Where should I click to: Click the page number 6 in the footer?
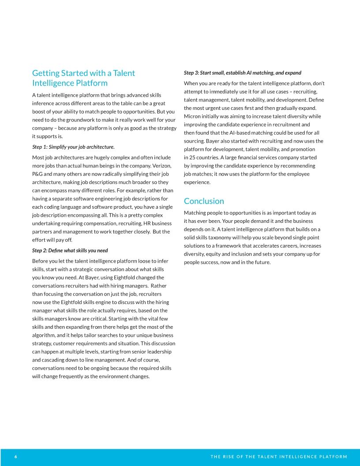pyautogui.click(x=15, y=456)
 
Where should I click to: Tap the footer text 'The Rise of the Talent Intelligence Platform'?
pyautogui.click(x=279, y=456)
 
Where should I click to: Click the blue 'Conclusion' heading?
pyautogui.click(x=204, y=201)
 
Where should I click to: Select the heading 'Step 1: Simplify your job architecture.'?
pyautogui.click(x=73, y=147)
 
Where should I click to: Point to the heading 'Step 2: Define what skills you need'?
pyautogui.click(x=70, y=250)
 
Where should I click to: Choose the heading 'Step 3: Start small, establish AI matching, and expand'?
pyautogui.click(x=242, y=72)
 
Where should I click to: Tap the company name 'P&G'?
pyautogui.click(x=38, y=165)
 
